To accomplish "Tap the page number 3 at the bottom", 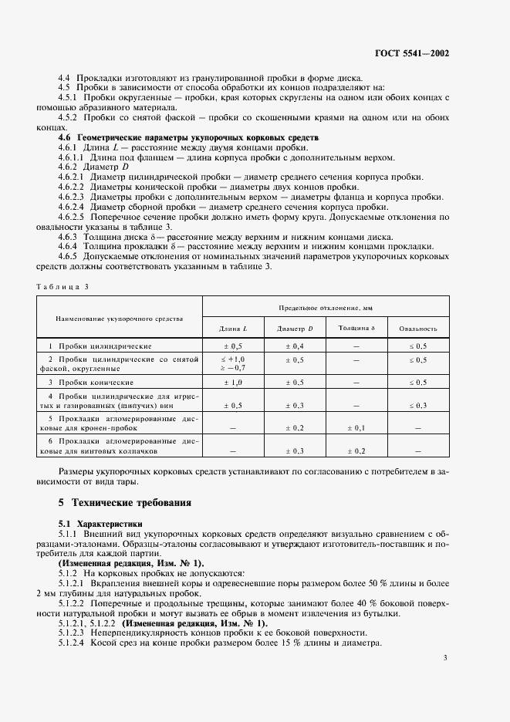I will click(x=446, y=657).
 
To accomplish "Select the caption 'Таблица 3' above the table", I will click(x=63, y=286).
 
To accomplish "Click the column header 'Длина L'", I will click(x=234, y=329).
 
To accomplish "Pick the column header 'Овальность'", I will click(x=418, y=329).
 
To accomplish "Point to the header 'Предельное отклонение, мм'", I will click(x=326, y=306).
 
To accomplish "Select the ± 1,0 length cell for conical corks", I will click(x=234, y=382).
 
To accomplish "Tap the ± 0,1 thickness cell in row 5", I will click(x=356, y=427).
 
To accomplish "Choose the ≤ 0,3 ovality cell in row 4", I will click(x=418, y=405).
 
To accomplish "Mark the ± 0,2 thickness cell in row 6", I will click(x=356, y=450).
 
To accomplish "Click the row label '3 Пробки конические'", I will click(x=91, y=382).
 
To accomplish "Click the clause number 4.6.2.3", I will click(x=72, y=197).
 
